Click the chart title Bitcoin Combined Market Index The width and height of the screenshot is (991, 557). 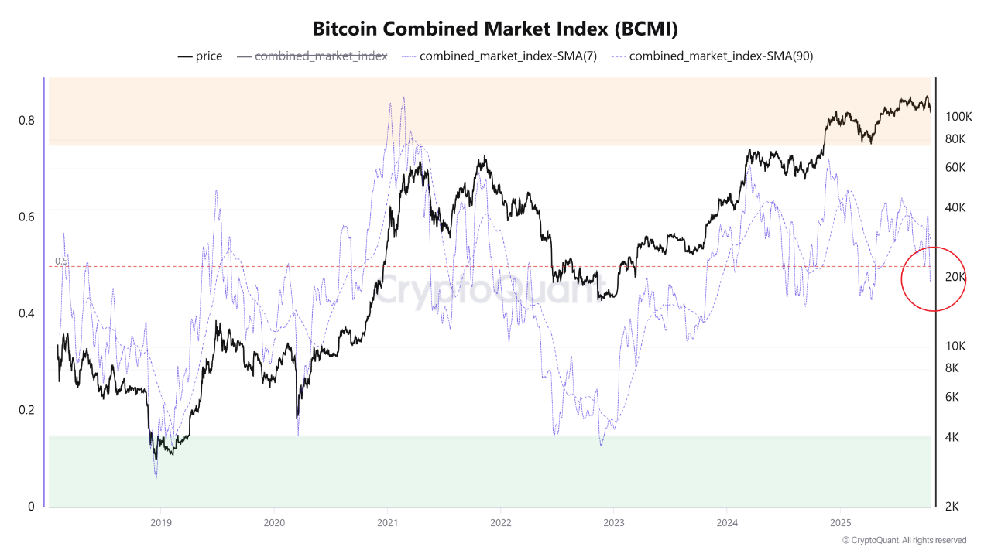coord(495,29)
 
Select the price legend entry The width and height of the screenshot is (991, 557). coord(200,56)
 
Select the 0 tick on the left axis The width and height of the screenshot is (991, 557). coord(31,507)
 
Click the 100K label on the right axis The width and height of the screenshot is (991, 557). coord(958,116)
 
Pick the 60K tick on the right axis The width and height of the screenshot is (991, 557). coord(955,167)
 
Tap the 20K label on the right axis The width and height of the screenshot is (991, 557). coord(955,276)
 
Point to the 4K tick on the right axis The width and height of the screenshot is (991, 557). coord(953,437)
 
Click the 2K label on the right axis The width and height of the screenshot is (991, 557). coord(953,507)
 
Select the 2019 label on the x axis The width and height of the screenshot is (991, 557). coord(160,522)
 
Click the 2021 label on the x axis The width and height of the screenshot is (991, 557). coord(387,522)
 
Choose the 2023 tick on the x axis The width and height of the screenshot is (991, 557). coord(614,522)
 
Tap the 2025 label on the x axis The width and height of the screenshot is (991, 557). coord(841,522)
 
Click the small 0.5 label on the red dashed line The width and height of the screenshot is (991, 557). coord(61,261)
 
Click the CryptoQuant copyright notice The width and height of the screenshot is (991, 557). coord(904,540)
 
